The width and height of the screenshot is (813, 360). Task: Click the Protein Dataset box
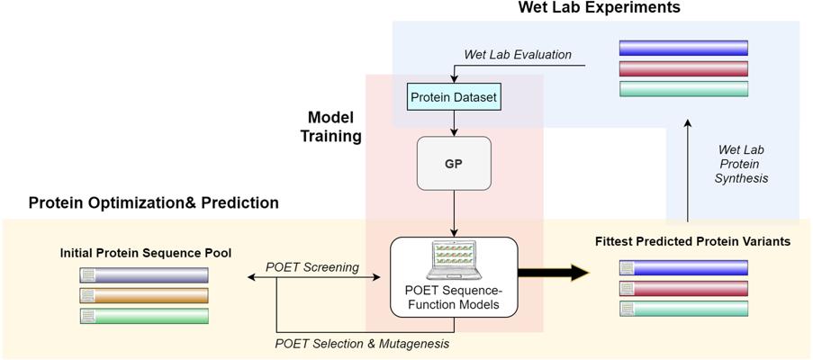tap(453, 96)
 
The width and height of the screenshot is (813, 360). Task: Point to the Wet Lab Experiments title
tap(599, 8)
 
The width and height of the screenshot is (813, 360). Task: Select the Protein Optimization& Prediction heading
tap(153, 202)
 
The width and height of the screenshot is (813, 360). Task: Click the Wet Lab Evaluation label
tap(517, 54)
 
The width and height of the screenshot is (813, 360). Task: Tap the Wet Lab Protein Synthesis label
tap(743, 164)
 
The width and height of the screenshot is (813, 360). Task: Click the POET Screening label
tap(312, 267)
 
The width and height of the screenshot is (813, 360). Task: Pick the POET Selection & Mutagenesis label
tap(362, 343)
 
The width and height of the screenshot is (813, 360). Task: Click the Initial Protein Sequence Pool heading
tap(145, 253)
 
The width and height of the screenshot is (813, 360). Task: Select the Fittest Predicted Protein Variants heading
tap(692, 241)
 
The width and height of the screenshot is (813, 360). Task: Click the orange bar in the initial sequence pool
tap(144, 295)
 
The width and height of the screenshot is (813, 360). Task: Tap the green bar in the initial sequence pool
tap(144, 316)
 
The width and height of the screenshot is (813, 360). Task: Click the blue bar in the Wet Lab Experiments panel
tap(683, 48)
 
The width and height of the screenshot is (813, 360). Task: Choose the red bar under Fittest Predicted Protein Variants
tap(683, 288)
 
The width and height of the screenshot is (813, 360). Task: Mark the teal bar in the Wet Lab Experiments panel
tap(683, 88)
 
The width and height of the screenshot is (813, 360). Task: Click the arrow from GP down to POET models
tap(454, 216)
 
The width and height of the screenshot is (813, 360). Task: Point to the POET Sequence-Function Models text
tap(454, 296)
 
